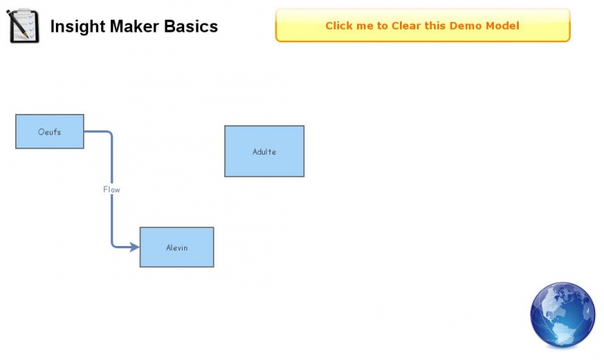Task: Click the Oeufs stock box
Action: coord(50,131)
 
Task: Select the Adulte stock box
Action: coord(264,151)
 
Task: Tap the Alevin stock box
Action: coord(177,248)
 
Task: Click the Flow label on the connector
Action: coord(112,189)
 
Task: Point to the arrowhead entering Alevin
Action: coord(135,247)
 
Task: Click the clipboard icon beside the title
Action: coord(23,26)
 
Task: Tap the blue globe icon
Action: coord(562,315)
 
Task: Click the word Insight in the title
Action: coord(78,26)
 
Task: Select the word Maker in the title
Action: coord(134,26)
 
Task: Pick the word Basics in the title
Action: coord(191,26)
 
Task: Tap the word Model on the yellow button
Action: coord(502,26)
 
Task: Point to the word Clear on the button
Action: coord(406,26)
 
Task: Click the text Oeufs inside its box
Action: coord(49,131)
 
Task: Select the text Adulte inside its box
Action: coord(264,152)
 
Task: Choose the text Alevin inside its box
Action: coord(177,248)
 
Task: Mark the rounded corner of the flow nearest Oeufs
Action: coord(109,134)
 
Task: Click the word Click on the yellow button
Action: coord(337,26)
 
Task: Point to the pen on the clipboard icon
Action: coord(17,25)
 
